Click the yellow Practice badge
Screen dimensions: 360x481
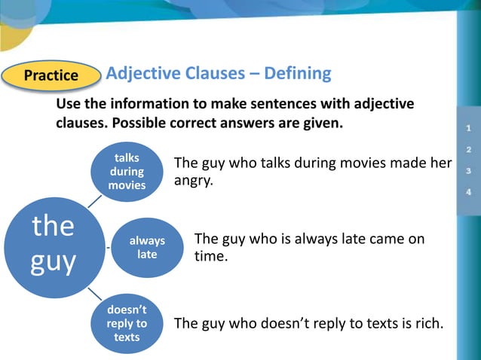(x=51, y=75)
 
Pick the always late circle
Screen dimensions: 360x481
(x=147, y=247)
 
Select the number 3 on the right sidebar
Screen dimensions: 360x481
(x=469, y=171)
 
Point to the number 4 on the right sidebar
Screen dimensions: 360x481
(x=469, y=191)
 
